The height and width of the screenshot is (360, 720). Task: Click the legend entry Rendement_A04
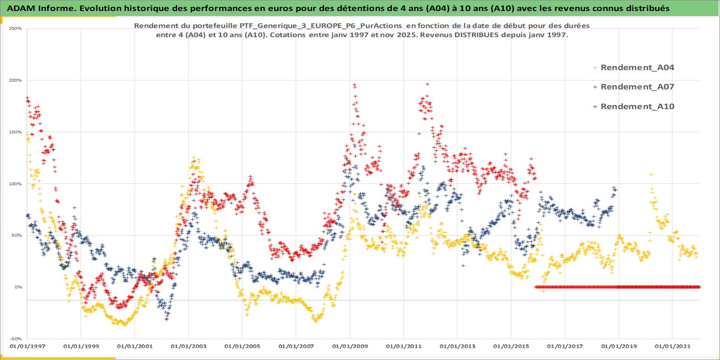(x=637, y=67)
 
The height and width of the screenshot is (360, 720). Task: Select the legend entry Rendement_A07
(x=637, y=87)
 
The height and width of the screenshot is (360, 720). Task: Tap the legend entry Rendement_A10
(x=637, y=106)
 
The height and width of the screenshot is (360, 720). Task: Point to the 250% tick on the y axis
(x=16, y=28)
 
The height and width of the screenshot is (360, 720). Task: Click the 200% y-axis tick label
(x=16, y=80)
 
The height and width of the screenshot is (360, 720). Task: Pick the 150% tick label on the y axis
(x=16, y=132)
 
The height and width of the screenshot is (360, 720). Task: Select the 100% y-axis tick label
(x=16, y=184)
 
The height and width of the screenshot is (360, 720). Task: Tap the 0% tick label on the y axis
(x=18, y=287)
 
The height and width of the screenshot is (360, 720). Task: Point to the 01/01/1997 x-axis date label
(x=28, y=346)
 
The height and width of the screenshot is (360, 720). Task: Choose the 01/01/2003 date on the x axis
(x=189, y=346)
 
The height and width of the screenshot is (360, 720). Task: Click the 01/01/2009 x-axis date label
(x=350, y=346)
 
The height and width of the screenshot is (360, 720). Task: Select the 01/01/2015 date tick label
(x=511, y=346)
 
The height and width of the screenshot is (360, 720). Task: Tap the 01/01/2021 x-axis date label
(x=672, y=346)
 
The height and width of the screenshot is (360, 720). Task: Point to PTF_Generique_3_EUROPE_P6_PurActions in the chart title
(x=320, y=26)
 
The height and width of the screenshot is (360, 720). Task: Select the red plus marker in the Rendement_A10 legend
(x=595, y=106)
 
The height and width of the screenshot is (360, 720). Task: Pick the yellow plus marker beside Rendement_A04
(x=595, y=67)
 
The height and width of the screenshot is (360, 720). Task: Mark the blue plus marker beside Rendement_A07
(x=595, y=87)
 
